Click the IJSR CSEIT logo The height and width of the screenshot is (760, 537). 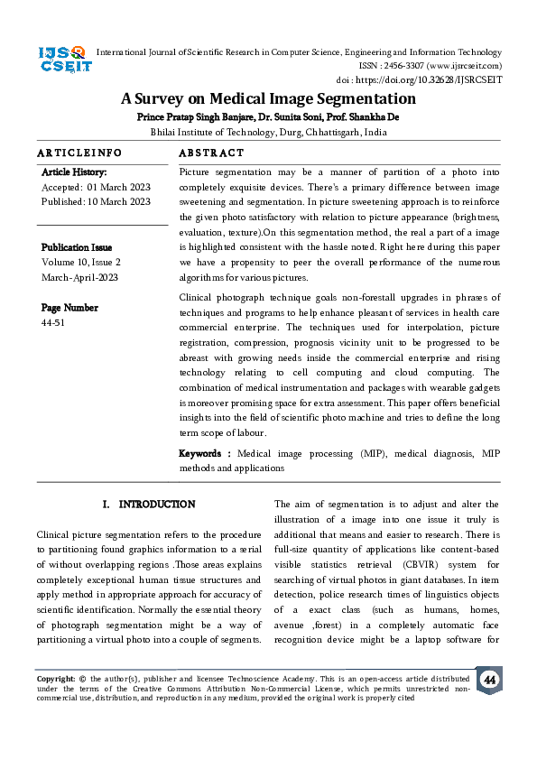click(61, 61)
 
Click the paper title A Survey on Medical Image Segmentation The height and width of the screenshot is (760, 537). click(268, 99)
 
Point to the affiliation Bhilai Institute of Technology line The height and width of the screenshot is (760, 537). click(268, 132)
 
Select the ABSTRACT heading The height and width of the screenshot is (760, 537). click(211, 153)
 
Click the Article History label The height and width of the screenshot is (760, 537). click(74, 171)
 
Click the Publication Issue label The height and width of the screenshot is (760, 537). click(77, 247)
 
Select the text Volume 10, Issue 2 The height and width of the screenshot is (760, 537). click(81, 263)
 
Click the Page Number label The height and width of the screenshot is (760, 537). click(69, 308)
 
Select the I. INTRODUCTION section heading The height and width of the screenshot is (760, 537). click(149, 504)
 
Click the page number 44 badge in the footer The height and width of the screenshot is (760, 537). click(488, 679)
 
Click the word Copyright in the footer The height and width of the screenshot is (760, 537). click(55, 677)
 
